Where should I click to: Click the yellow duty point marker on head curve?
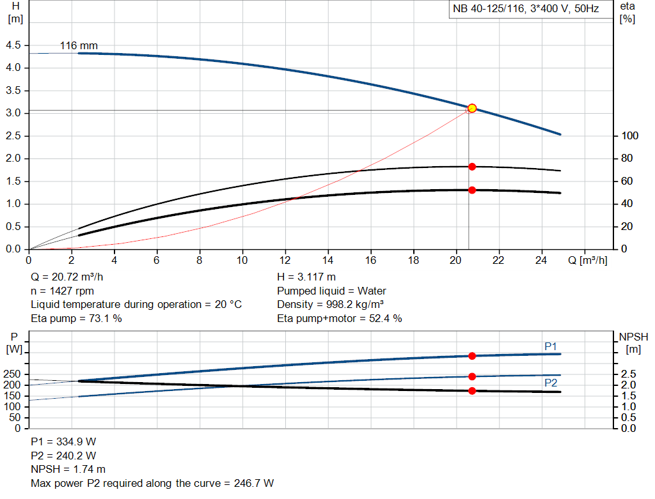click(x=472, y=108)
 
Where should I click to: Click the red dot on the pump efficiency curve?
click(x=472, y=167)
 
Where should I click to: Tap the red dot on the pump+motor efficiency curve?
click(x=472, y=190)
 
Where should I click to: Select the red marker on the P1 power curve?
click(x=472, y=356)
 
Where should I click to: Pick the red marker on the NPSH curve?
click(x=472, y=390)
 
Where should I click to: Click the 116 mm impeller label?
click(x=79, y=46)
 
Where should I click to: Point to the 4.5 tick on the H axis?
click(x=13, y=45)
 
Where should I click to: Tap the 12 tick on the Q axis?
click(x=285, y=260)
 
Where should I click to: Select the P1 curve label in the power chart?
click(x=551, y=346)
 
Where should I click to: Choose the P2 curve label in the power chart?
click(x=551, y=383)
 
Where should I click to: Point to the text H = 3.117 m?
click(x=306, y=277)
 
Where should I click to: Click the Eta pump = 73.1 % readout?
click(x=76, y=318)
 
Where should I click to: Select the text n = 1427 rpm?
click(x=62, y=291)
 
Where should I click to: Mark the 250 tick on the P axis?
click(x=13, y=374)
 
